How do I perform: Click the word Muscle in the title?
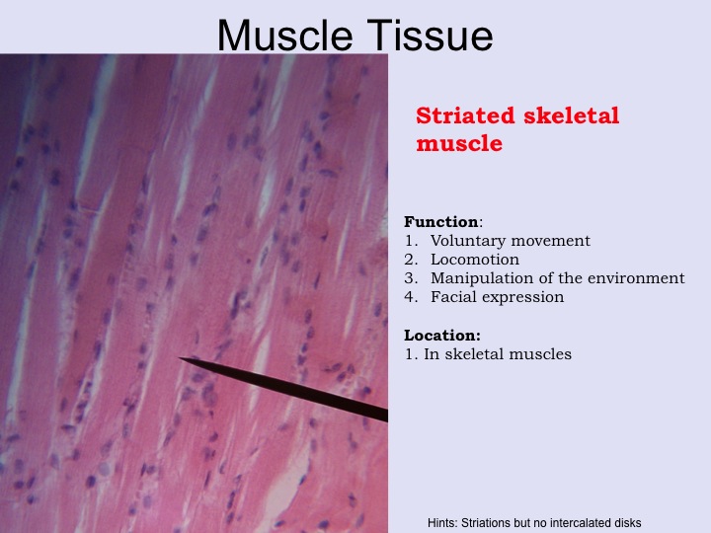point(285,35)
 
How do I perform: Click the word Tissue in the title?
point(430,35)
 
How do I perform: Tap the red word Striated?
point(465,115)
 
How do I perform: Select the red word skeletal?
point(572,115)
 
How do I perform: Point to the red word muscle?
point(459,143)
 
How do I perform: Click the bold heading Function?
point(441,222)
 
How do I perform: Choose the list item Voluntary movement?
point(511,241)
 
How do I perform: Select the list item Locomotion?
point(475,260)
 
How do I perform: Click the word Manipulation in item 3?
point(482,278)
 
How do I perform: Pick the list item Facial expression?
point(497,297)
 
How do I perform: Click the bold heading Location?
point(442,336)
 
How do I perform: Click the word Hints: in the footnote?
point(442,523)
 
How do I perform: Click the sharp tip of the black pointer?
point(180,358)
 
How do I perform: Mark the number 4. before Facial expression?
point(411,297)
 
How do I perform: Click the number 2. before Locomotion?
point(411,260)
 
